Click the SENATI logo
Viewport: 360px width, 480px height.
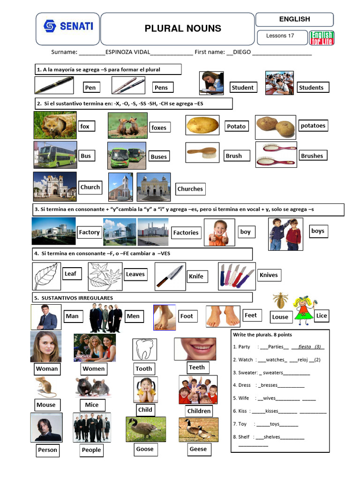pos(68,26)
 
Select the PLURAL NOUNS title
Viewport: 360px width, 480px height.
pos(183,29)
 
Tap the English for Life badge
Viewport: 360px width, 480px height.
pos(322,38)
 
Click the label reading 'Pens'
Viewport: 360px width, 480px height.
pos(161,87)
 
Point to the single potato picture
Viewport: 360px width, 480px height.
pos(202,125)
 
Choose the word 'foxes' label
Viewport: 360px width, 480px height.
pos(159,127)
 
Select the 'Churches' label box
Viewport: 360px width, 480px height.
pos(190,189)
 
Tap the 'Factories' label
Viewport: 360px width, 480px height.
pos(186,232)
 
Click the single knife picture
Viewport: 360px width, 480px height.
pos(170,276)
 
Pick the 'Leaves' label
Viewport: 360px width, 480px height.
pos(135,274)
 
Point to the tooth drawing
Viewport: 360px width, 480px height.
pos(145,349)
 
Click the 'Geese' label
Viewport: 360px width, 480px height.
pos(198,449)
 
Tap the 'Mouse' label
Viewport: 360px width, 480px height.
pos(46,405)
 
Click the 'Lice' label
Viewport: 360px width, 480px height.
pos(322,315)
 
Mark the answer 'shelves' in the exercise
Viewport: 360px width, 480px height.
pos(272,437)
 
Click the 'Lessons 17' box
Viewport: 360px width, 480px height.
pos(280,36)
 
